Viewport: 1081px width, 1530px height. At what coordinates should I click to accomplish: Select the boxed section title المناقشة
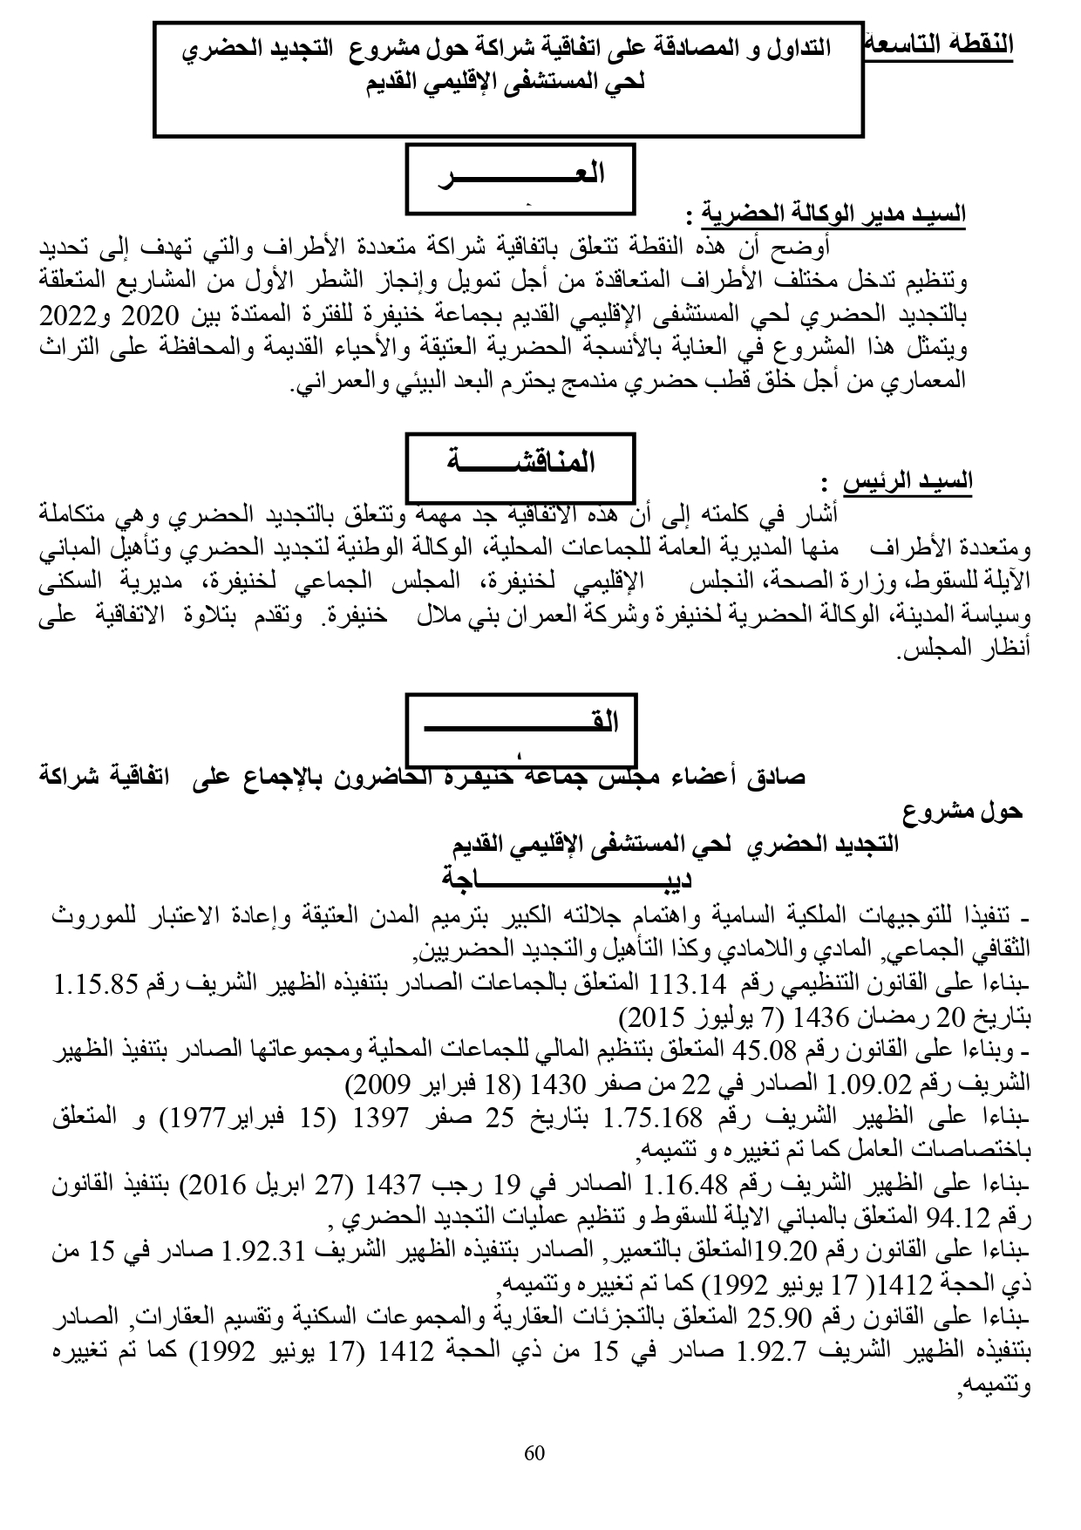520,461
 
